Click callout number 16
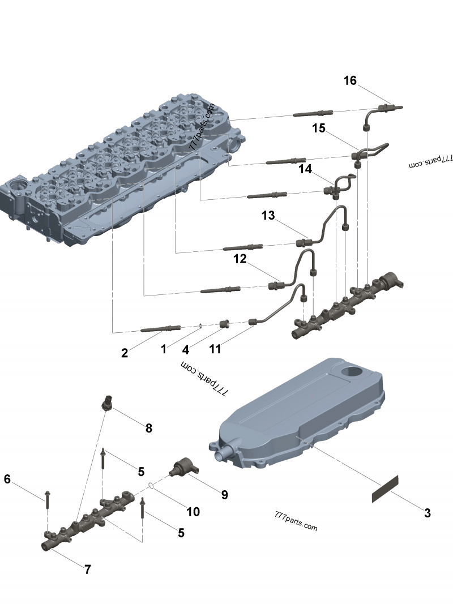[x=350, y=81]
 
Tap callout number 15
[x=319, y=128]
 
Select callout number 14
[x=305, y=169]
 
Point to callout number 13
[x=268, y=215]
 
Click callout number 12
[x=240, y=259]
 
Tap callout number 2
[x=125, y=353]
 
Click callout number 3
[x=428, y=513]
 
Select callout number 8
[x=149, y=429]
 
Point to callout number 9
[x=225, y=495]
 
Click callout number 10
[x=193, y=512]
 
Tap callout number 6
[x=7, y=479]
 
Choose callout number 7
[x=88, y=569]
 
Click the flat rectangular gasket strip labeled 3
[x=385, y=488]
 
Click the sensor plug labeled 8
[x=106, y=402]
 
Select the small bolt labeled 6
[x=47, y=498]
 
